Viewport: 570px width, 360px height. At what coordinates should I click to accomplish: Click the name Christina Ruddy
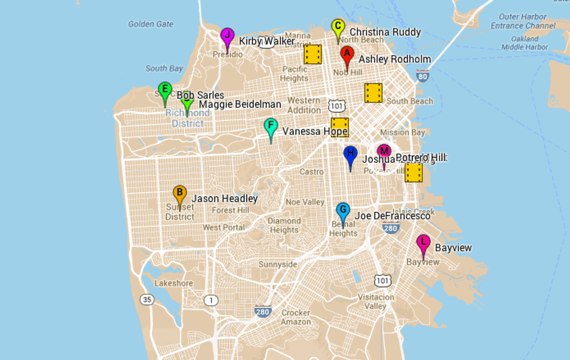click(385, 32)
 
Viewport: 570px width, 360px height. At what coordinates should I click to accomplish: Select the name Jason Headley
click(225, 198)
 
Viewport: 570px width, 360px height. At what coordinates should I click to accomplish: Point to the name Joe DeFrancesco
click(393, 216)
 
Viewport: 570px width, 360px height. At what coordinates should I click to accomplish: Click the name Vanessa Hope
click(315, 131)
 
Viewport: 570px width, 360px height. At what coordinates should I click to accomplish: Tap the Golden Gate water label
click(151, 24)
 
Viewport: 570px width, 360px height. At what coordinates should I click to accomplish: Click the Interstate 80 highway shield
click(423, 76)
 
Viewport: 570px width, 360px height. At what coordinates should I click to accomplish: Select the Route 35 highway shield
click(147, 300)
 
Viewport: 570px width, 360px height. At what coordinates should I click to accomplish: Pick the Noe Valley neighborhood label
click(305, 202)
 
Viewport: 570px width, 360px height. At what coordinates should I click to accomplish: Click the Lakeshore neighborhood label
click(173, 283)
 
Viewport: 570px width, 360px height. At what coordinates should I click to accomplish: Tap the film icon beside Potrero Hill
click(414, 172)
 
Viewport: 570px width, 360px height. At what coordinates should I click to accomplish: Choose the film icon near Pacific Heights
click(313, 55)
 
